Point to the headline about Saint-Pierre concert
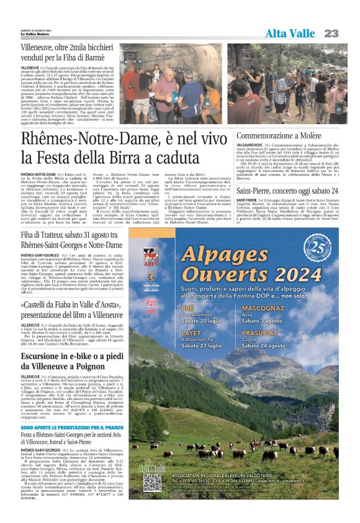click(287, 190)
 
